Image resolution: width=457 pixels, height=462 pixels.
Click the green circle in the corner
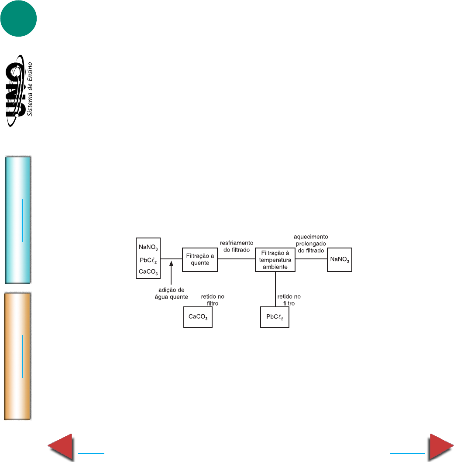18,19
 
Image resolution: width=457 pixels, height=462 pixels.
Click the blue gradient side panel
17,220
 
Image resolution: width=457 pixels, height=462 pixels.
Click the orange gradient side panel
17,356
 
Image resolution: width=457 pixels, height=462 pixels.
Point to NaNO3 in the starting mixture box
148,247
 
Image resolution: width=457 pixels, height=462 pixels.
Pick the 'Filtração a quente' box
199,260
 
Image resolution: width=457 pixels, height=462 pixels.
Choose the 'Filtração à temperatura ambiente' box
275,260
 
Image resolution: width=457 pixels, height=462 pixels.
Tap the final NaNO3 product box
340,260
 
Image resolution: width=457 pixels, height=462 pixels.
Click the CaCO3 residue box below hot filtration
198,317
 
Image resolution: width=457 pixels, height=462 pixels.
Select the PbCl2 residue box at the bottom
275,317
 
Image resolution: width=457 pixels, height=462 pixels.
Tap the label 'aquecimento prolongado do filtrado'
311,244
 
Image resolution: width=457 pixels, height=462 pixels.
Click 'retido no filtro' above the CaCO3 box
213,299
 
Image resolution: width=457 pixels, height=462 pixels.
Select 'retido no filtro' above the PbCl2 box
289,299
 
